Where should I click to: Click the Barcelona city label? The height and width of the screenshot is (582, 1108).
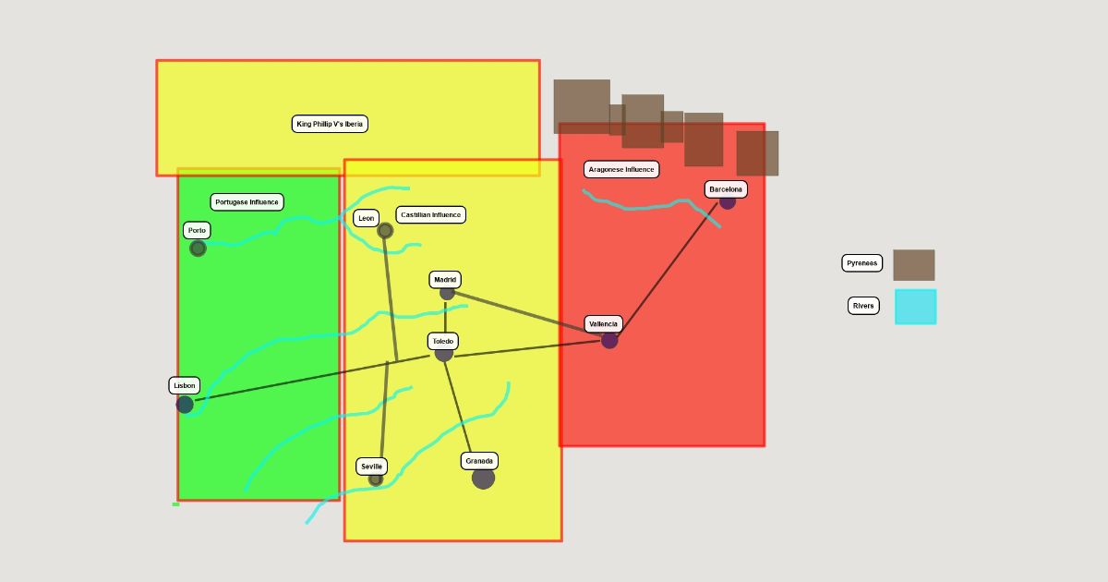[x=726, y=189]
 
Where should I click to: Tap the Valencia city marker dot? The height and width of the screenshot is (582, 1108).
[x=609, y=340]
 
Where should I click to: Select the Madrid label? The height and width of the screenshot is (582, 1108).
[x=445, y=280]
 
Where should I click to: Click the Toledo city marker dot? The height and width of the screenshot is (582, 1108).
[x=444, y=353]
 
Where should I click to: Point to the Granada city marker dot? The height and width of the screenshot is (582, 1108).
[x=483, y=479]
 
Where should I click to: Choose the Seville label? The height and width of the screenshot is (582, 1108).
[x=371, y=467]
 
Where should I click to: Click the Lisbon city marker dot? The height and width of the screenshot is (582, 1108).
[x=185, y=405]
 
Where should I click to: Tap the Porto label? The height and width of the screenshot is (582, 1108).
[x=197, y=230]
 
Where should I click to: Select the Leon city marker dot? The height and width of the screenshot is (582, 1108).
[x=385, y=231]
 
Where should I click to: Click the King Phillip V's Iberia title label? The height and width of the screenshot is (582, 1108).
[x=330, y=124]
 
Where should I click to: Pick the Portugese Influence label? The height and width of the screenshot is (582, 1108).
[x=247, y=202]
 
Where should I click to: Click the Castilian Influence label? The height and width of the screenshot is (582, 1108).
[x=431, y=215]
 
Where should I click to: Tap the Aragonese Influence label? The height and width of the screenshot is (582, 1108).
[x=621, y=170]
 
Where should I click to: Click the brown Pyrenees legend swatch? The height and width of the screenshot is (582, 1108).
[x=913, y=265]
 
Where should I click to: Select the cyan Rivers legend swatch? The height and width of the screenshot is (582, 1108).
[x=915, y=307]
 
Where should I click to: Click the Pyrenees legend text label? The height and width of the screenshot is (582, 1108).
[x=862, y=263]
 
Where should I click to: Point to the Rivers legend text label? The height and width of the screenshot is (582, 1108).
[x=863, y=306]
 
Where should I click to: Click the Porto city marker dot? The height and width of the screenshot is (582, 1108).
[x=198, y=249]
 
